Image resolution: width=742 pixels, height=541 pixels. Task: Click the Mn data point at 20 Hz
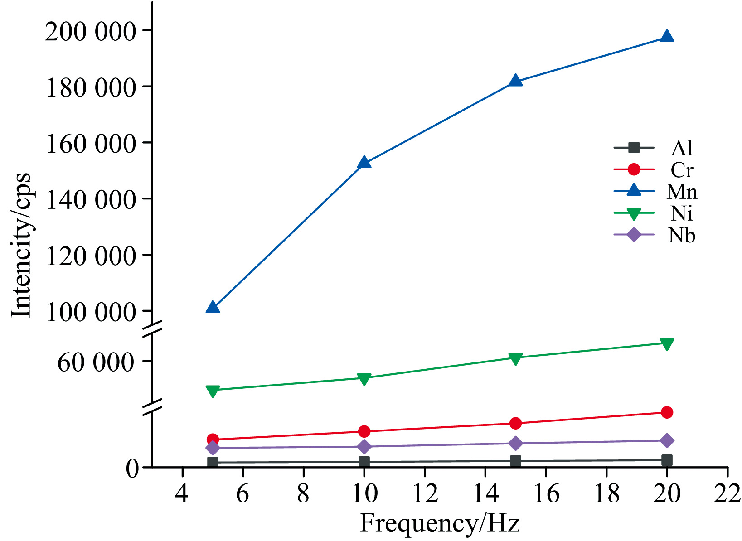(666, 37)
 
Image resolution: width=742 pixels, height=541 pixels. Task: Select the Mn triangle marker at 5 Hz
(213, 308)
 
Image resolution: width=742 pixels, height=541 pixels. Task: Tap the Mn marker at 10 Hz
(364, 163)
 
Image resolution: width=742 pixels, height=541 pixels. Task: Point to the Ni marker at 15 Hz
(515, 358)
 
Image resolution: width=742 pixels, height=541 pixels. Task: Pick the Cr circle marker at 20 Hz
(666, 412)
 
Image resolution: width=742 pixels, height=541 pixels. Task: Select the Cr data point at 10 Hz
(364, 431)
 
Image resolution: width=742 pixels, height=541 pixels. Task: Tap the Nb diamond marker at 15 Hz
(515, 443)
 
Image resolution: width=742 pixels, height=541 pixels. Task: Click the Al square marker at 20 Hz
(666, 460)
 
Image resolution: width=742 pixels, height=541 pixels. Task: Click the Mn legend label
(681, 192)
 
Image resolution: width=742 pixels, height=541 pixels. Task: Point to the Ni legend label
(681, 213)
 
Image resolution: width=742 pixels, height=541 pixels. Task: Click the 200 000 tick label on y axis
(90, 32)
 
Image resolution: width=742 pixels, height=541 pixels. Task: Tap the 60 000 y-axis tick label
(96, 362)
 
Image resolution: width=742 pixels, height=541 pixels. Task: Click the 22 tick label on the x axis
(727, 493)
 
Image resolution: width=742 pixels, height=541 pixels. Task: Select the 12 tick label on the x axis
(425, 493)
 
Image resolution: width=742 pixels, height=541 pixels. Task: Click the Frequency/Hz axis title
(439, 524)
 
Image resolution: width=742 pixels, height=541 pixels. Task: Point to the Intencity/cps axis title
(21, 245)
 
